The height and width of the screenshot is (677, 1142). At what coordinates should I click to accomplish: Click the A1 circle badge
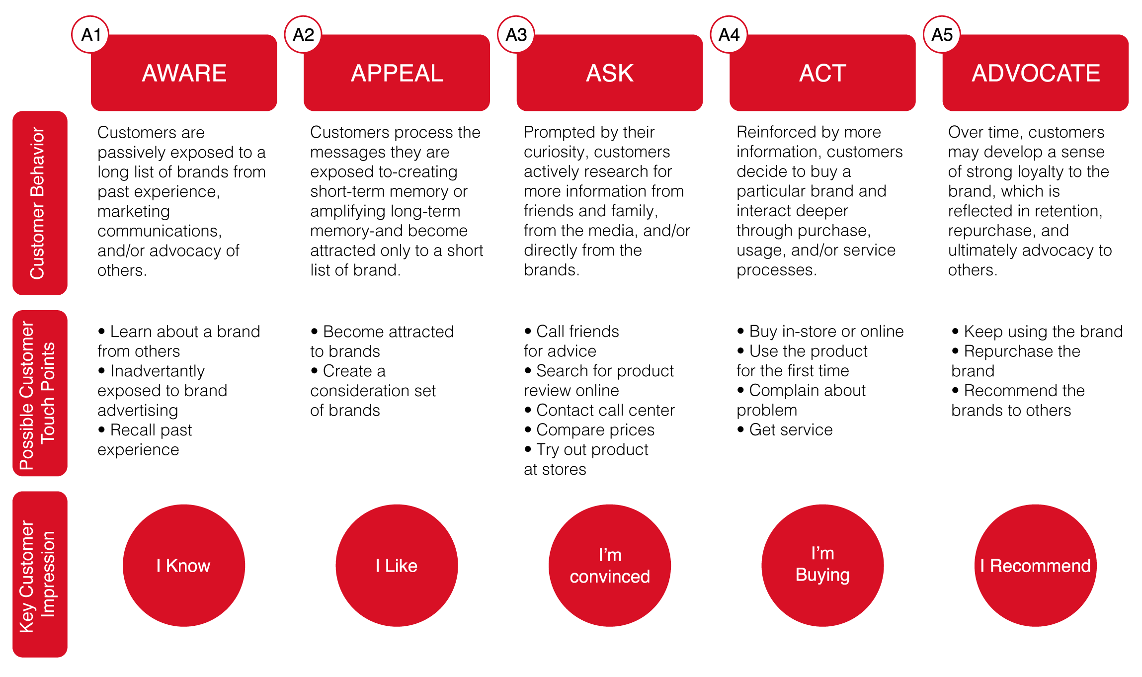[90, 35]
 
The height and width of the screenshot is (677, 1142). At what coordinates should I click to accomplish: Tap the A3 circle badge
[516, 35]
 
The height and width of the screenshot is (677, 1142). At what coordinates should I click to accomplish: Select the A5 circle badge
[942, 35]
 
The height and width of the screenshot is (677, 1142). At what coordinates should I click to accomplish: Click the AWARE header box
[184, 73]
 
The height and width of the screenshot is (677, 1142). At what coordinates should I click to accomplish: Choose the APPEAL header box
[397, 73]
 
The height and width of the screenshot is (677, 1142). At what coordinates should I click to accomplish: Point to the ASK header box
[610, 73]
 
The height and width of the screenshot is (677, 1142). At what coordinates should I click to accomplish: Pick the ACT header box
[822, 73]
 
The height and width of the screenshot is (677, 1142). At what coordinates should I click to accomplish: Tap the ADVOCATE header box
[1036, 73]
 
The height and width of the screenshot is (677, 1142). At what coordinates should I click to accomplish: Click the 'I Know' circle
[184, 566]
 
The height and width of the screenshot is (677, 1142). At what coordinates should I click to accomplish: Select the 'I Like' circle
[397, 566]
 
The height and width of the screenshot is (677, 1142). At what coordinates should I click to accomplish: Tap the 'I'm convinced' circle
[610, 566]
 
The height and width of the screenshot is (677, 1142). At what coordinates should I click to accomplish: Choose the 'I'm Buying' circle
[822, 566]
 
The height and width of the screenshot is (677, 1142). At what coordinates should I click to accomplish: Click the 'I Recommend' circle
[1036, 566]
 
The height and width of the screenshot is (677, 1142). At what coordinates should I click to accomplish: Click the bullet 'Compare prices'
[589, 430]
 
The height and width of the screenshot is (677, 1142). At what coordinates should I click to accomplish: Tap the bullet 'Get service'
[785, 430]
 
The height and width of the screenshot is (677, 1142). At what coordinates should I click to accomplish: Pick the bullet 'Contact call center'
[599, 410]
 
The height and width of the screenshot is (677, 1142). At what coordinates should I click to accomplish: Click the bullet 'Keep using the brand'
[1037, 332]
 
